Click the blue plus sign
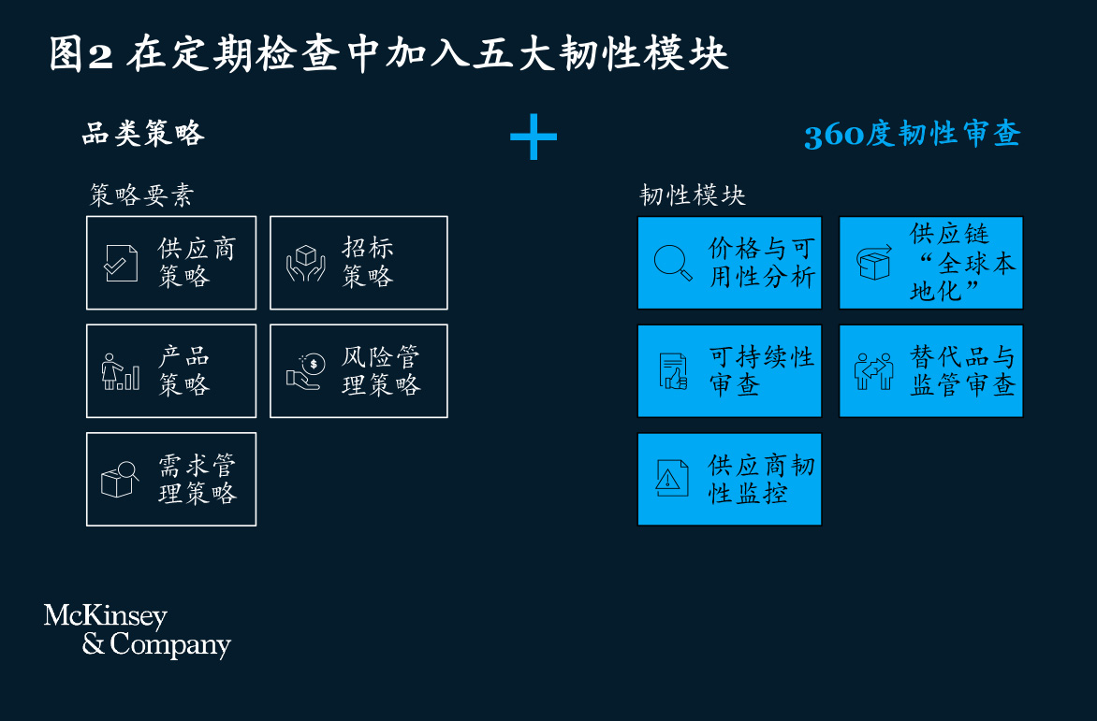[x=534, y=137]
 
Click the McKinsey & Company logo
[x=137, y=630]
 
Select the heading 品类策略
[x=143, y=133]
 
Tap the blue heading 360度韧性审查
[x=913, y=134]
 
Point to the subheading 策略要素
[x=141, y=195]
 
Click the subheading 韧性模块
[x=693, y=195]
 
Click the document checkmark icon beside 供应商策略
[x=121, y=263]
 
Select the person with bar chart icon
[x=121, y=371]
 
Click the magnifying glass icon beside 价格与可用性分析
[x=673, y=263]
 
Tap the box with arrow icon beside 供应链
[x=874, y=263]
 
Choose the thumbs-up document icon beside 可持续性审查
[x=674, y=371]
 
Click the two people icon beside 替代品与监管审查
[x=874, y=371]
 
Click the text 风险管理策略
[x=381, y=371]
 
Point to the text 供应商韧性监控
[x=761, y=480]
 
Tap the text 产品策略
[x=184, y=371]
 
